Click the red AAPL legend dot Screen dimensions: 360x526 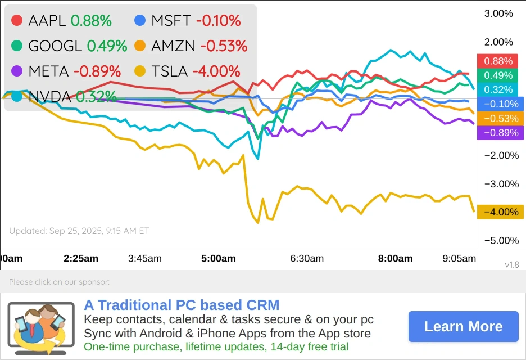pyautogui.click(x=17, y=21)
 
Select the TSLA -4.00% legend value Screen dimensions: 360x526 pyautogui.click(x=216, y=71)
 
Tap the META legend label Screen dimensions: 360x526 pyautogui.click(x=48, y=71)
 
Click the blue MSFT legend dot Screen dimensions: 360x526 pyautogui.click(x=140, y=21)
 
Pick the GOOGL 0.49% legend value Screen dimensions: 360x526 pyautogui.click(x=107, y=46)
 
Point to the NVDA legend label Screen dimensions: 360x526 pyautogui.click(x=49, y=97)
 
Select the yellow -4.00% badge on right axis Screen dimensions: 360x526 pyautogui.click(x=499, y=212)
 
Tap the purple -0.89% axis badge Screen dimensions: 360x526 pyautogui.click(x=499, y=133)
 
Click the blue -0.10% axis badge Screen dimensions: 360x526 pyautogui.click(x=499, y=104)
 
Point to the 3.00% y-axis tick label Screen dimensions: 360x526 pyautogui.click(x=498, y=13)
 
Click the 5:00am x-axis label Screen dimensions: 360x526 pyautogui.click(x=219, y=259)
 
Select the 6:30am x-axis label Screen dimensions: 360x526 pyautogui.click(x=307, y=259)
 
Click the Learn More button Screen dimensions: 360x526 pyautogui.click(x=463, y=327)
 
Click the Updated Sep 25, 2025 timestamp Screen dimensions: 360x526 pyautogui.click(x=79, y=231)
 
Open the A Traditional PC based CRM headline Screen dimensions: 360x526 pyautogui.click(x=182, y=305)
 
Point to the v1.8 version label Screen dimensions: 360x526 pyautogui.click(x=511, y=264)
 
